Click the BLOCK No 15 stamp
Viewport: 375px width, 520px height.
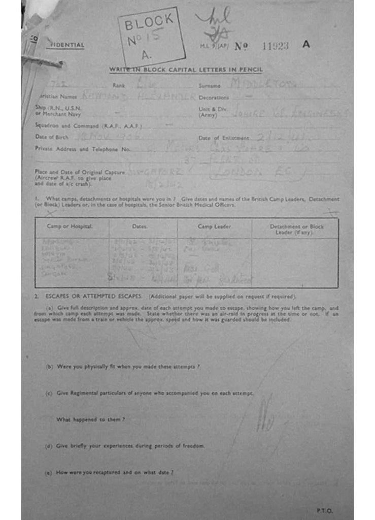pyautogui.click(x=151, y=37)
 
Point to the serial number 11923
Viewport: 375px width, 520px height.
pyautogui.click(x=275, y=46)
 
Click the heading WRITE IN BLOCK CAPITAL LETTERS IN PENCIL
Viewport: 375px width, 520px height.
pyautogui.click(x=186, y=70)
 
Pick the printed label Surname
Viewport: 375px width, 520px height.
pyautogui.click(x=210, y=86)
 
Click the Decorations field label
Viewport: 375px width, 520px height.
pyautogui.click(x=214, y=97)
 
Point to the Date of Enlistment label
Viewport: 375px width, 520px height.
pyautogui.click(x=224, y=138)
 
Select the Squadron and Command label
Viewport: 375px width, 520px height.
pyautogui.click(x=88, y=125)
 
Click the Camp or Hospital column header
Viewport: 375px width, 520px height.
pyautogui.click(x=70, y=226)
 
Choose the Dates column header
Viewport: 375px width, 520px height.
pyautogui.click(x=140, y=226)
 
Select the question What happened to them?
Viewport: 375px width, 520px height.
pyautogui.click(x=90, y=419)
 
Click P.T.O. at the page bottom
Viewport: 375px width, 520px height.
pyautogui.click(x=324, y=510)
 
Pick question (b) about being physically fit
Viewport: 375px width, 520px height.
pyautogui.click(x=127, y=367)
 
